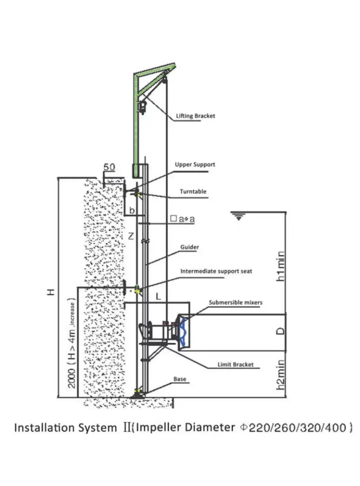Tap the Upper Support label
pyautogui.click(x=195, y=164)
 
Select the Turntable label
pyautogui.click(x=193, y=192)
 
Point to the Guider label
pyautogui.click(x=189, y=247)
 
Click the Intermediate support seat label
pyautogui.click(x=216, y=271)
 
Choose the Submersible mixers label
pyautogui.click(x=236, y=302)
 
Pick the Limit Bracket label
pyautogui.click(x=235, y=364)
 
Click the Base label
pyautogui.click(x=180, y=379)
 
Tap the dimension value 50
pyautogui.click(x=110, y=168)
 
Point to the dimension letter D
pyautogui.click(x=281, y=330)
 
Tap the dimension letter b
pyautogui.click(x=132, y=209)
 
